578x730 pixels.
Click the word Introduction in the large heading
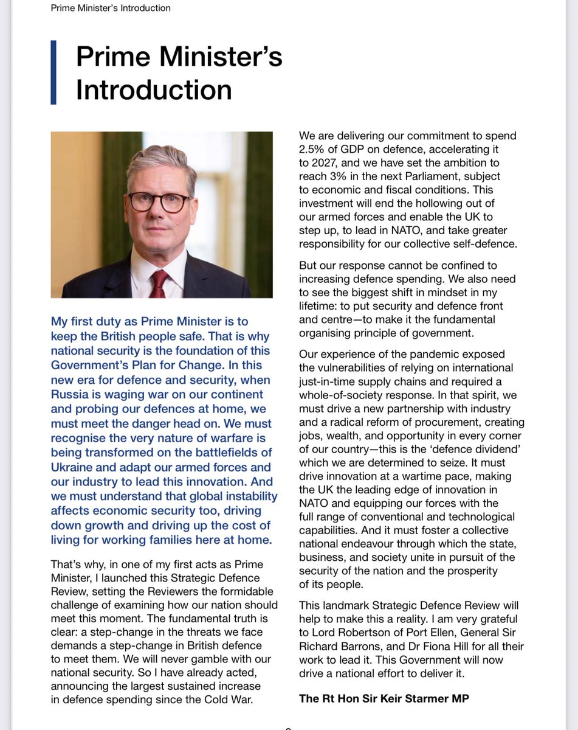154,89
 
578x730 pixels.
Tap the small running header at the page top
111,8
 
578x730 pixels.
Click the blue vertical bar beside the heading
54,72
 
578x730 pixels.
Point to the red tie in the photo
159,283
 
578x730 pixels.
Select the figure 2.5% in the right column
314,150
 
